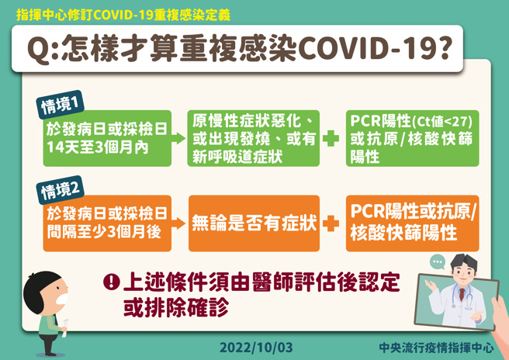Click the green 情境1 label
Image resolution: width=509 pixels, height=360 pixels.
[61, 104]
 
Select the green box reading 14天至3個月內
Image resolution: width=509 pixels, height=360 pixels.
[106, 138]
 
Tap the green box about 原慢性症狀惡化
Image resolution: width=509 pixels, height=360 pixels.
[254, 138]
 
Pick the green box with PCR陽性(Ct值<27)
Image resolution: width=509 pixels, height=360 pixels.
[412, 138]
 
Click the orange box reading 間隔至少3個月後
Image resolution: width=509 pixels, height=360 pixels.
[106, 223]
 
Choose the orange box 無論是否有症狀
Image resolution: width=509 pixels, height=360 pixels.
[254, 223]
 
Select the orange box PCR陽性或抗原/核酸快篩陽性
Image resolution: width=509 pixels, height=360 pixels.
[412, 223]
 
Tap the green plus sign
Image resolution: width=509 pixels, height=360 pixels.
[331, 139]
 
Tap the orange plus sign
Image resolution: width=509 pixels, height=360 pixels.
[331, 223]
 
